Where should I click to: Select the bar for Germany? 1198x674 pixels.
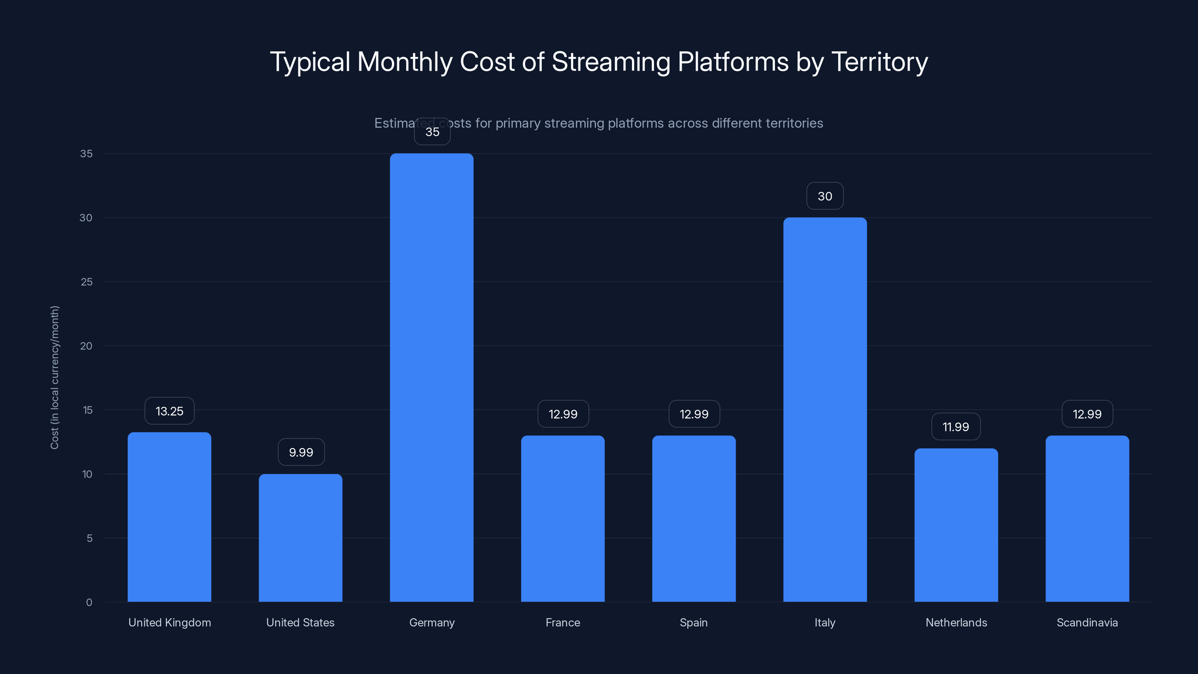432,377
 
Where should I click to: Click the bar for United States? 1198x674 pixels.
300,538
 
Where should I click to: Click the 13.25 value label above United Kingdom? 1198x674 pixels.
169,411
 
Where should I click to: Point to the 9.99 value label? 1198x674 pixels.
301,452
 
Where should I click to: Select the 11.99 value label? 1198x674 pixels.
956,426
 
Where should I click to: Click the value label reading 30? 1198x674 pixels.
824,196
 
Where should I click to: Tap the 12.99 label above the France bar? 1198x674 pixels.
563,414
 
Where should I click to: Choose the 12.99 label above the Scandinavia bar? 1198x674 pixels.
1087,414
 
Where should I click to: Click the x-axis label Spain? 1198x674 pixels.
693,622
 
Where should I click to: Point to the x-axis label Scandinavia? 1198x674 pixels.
1087,622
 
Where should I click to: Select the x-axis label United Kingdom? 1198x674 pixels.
169,622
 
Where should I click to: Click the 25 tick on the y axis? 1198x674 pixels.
86,282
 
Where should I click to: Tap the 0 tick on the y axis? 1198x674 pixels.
89,602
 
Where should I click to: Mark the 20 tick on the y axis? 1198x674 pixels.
86,346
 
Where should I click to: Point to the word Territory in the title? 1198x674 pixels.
879,62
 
